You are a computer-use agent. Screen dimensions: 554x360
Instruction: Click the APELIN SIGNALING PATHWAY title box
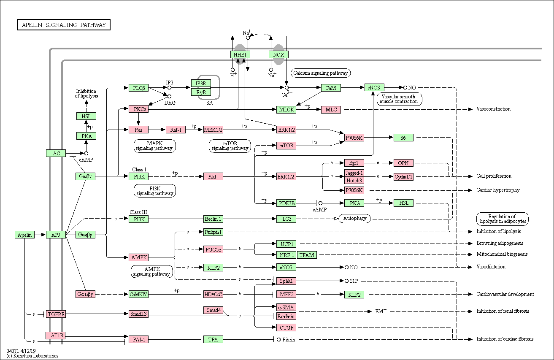pyautogui.click(x=64, y=25)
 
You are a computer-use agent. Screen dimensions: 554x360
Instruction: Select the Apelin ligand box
pyautogui.click(x=25, y=235)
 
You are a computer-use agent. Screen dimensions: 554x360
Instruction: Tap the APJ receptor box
pyautogui.click(x=56, y=235)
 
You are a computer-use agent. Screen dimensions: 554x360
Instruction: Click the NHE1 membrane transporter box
pyautogui.click(x=240, y=54)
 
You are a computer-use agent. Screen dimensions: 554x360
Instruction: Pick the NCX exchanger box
pyautogui.click(x=278, y=54)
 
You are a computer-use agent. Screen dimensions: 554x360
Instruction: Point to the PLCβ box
pyautogui.click(x=138, y=88)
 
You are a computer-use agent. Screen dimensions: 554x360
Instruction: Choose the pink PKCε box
pyautogui.click(x=138, y=109)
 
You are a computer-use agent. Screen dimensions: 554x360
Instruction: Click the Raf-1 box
pyautogui.click(x=176, y=130)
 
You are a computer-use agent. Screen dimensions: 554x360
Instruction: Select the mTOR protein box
pyautogui.click(x=286, y=146)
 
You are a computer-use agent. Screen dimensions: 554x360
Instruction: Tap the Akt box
pyautogui.click(x=213, y=176)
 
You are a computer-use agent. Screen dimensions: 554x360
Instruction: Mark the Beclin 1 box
pyautogui.click(x=213, y=219)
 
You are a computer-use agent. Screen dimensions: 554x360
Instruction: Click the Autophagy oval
pyautogui.click(x=354, y=218)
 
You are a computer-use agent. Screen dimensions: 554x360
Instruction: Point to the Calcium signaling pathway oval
pyautogui.click(x=321, y=73)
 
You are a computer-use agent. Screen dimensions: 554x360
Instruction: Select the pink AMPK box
pyautogui.click(x=138, y=257)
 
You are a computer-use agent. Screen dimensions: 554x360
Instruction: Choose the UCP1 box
pyautogui.click(x=286, y=244)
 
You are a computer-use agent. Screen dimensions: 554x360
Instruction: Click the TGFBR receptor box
pyautogui.click(x=56, y=314)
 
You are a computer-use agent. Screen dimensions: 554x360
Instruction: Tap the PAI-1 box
pyautogui.click(x=138, y=339)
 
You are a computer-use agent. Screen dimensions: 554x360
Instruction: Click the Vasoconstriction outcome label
pyautogui.click(x=493, y=109)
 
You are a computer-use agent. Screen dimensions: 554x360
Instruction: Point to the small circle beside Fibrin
pyautogui.click(x=278, y=339)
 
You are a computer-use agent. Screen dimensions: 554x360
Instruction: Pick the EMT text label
pyautogui.click(x=381, y=311)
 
